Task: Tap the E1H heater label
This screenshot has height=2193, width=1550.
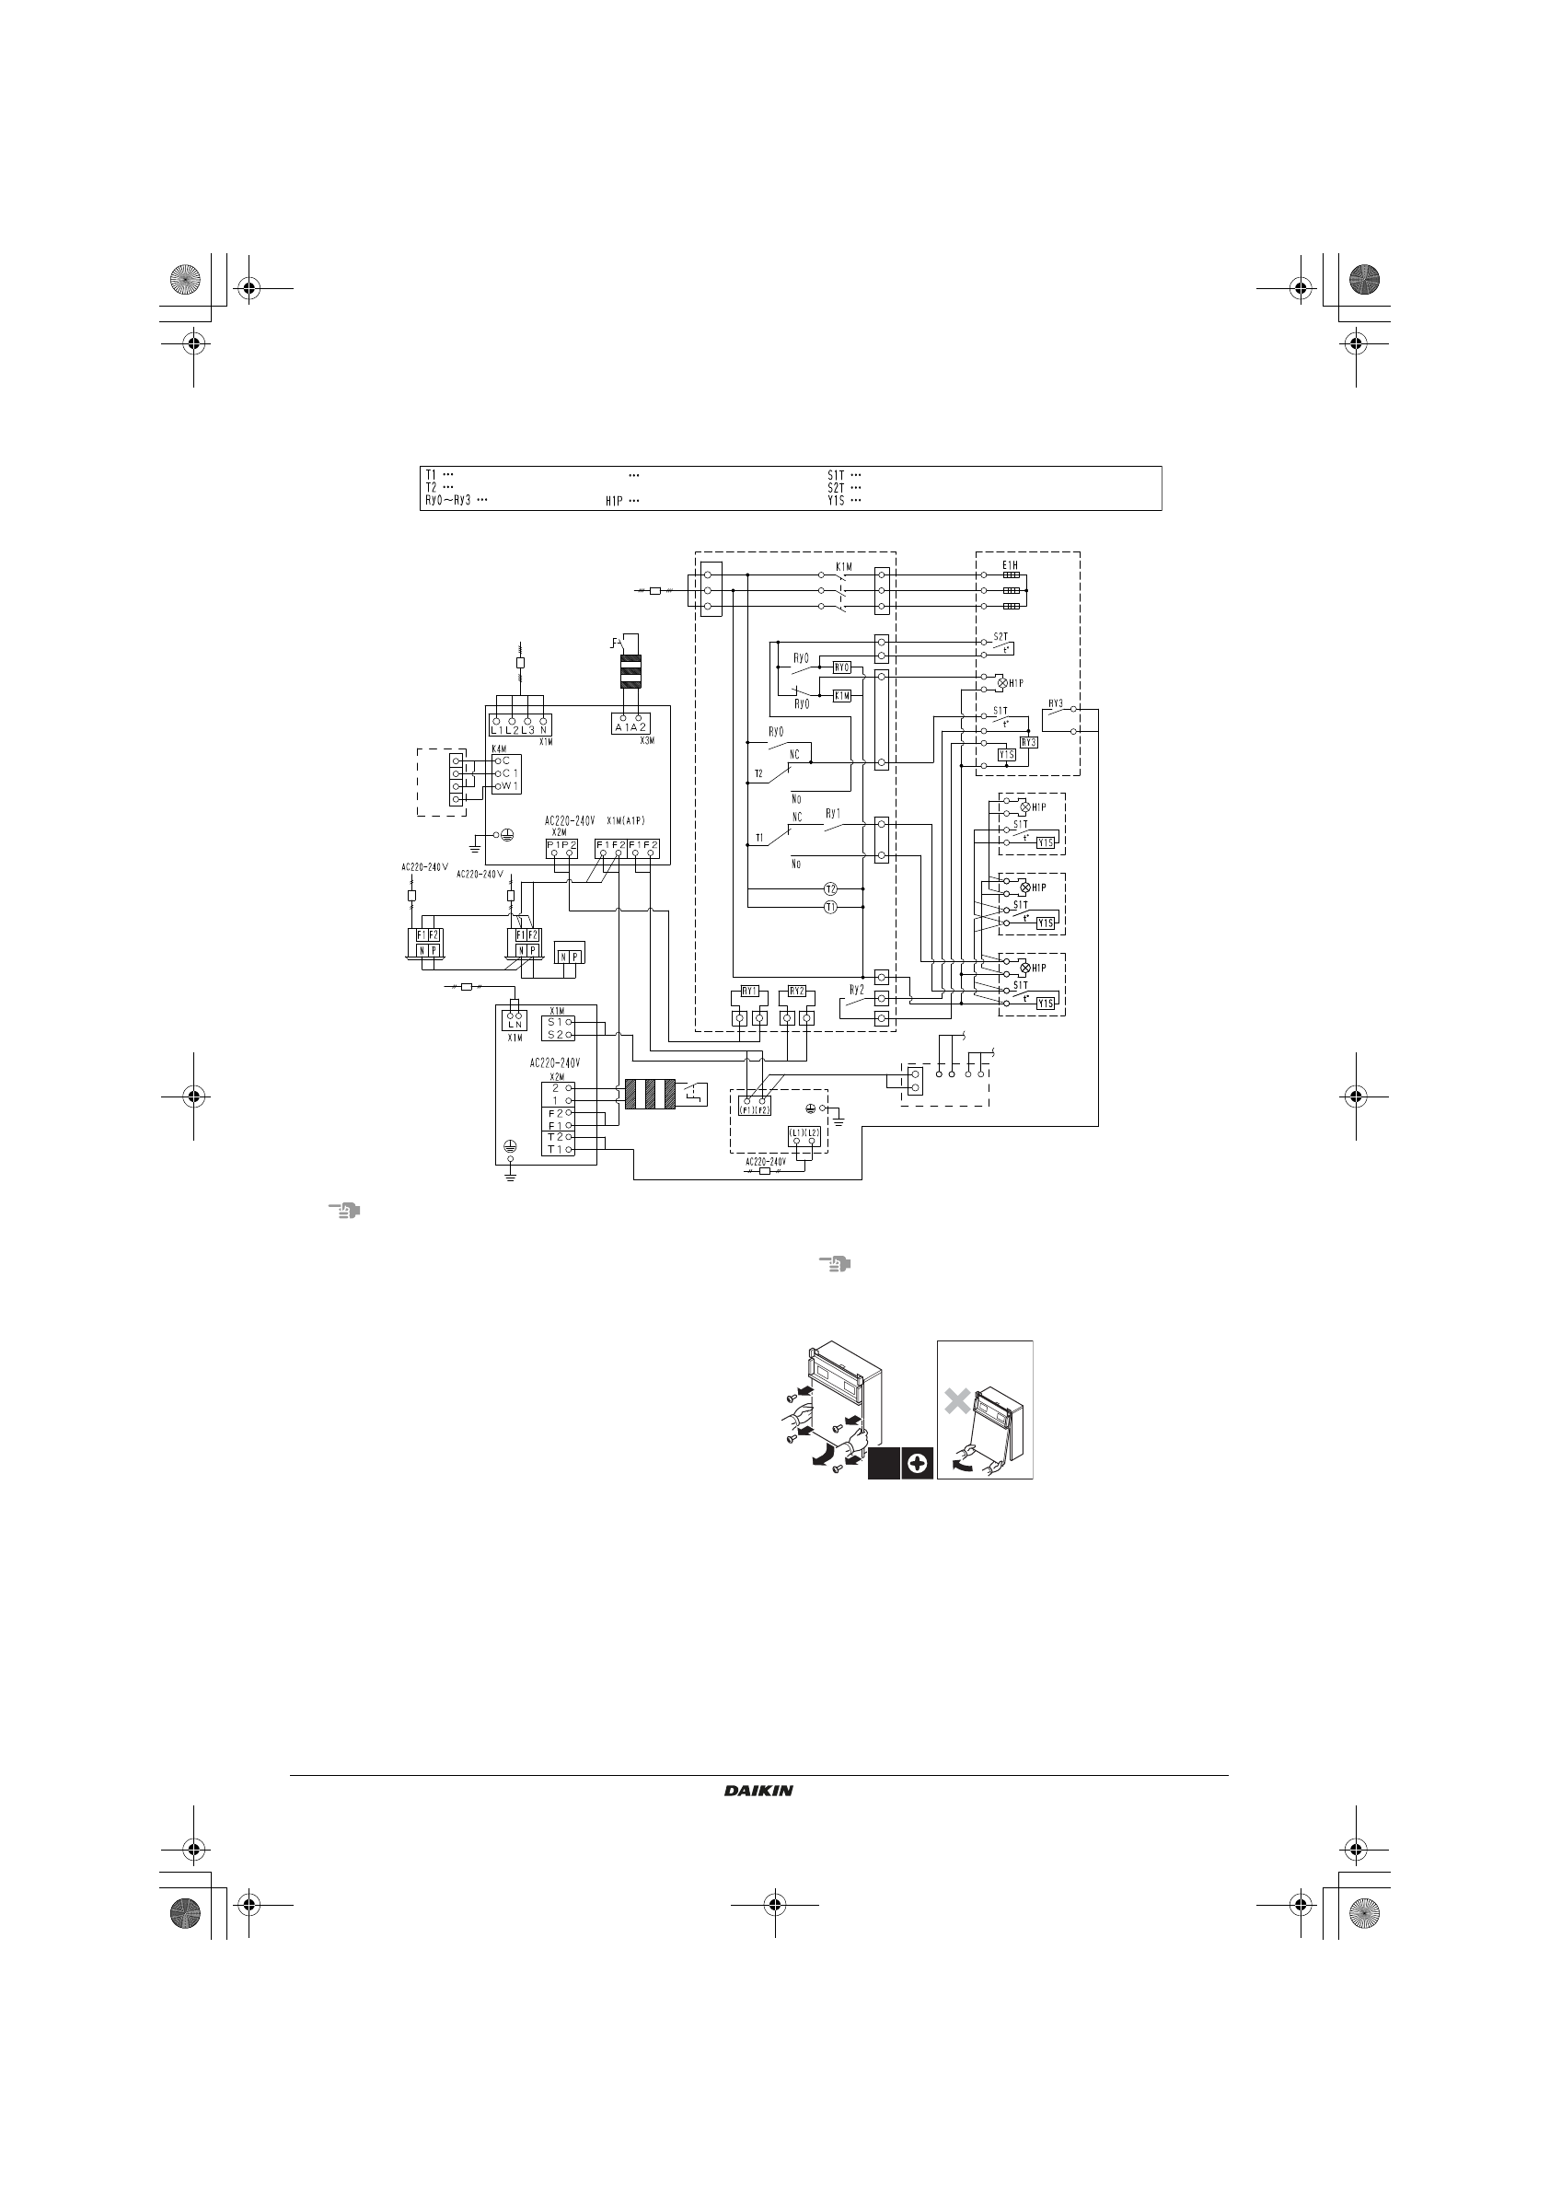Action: (1010, 565)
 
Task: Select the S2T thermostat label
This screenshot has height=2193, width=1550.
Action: (1000, 636)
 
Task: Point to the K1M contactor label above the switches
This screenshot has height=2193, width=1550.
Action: (843, 566)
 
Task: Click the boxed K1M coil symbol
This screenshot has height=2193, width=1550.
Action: (841, 695)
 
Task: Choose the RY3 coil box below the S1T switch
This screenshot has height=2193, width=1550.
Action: (1028, 742)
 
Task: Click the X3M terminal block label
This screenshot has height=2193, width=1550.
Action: (646, 740)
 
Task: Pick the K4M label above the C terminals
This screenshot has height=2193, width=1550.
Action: (499, 748)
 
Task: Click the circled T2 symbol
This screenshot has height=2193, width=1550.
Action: (830, 889)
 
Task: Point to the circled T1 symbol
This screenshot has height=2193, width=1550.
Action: (830, 907)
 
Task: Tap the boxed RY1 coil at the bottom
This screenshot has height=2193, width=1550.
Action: (750, 991)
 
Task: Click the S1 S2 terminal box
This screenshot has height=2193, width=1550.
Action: (557, 1027)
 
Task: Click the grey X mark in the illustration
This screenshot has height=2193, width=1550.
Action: (957, 1401)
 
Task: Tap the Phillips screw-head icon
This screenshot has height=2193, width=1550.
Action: (916, 1463)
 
